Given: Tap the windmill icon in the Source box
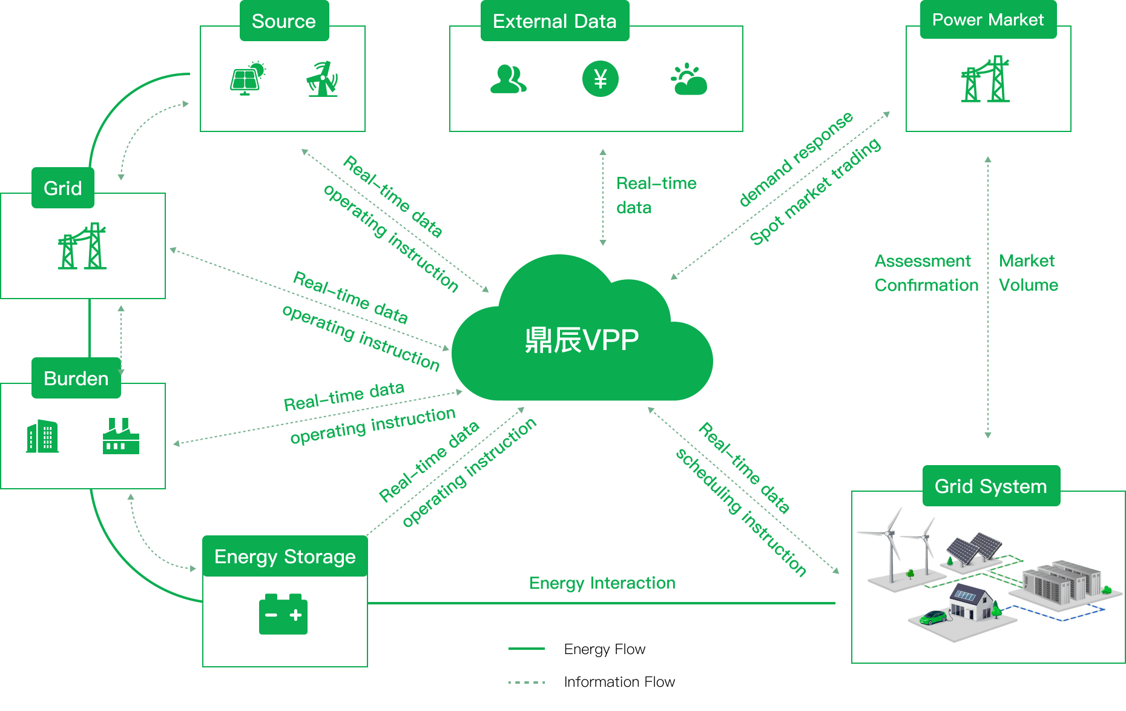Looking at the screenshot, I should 322,79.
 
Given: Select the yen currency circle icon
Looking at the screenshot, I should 600,79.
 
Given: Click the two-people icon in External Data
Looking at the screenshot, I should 508,79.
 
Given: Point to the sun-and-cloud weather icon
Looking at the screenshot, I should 689,79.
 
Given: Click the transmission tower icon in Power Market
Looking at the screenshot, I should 986,79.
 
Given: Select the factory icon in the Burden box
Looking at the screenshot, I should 120,436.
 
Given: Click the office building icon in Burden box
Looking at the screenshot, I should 42,436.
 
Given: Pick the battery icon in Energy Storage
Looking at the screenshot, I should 283,615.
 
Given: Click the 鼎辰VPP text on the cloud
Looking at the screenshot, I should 582,340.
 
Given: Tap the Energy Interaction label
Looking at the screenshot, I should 602,583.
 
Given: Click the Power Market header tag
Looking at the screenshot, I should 988,20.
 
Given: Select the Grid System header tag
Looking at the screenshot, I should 991,486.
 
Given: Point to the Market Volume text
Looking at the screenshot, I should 1028,273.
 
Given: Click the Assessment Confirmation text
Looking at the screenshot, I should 926,273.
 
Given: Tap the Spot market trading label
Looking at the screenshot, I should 815,192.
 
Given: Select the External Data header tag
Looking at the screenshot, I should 555,21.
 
